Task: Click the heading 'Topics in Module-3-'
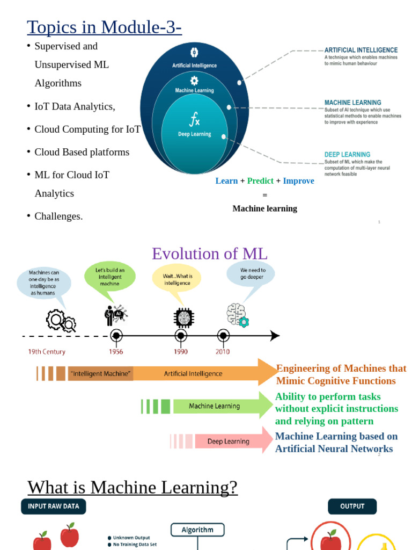(104, 26)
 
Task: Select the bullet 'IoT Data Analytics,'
(75, 106)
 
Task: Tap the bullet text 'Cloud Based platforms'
(82, 152)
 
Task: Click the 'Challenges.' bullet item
(58, 216)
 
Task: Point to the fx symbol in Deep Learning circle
(194, 119)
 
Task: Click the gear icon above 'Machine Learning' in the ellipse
(194, 81)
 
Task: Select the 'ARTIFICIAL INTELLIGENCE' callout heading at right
(360, 50)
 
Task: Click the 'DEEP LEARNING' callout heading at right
(347, 155)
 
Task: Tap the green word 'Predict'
(260, 181)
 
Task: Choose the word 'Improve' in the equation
(298, 181)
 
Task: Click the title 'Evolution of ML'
(209, 254)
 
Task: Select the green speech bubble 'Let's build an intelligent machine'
(109, 277)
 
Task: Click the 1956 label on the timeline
(116, 352)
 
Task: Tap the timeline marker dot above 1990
(181, 336)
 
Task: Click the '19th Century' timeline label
(47, 352)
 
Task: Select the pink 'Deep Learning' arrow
(228, 442)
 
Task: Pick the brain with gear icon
(237, 315)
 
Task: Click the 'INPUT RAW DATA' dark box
(53, 506)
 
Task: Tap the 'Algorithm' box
(197, 530)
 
